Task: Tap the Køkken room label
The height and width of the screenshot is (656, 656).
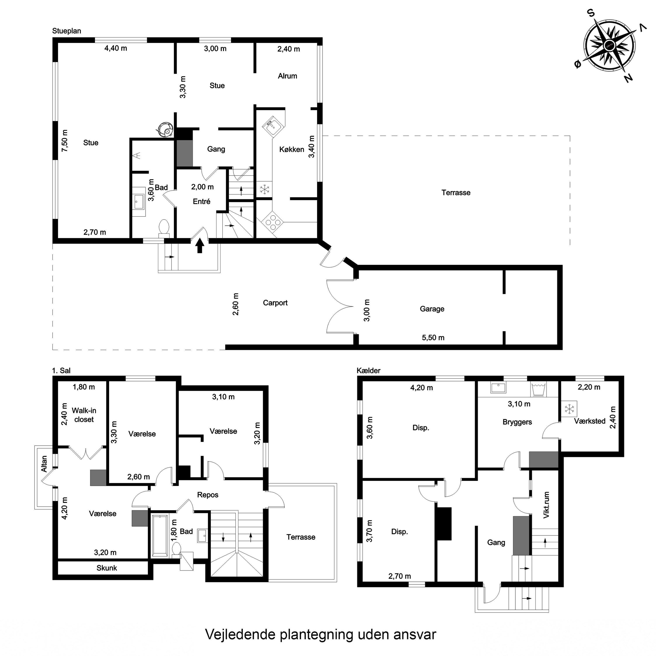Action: (x=292, y=149)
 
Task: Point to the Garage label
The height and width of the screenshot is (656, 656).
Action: (x=432, y=309)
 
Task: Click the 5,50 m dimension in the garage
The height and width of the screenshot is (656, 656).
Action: (x=433, y=337)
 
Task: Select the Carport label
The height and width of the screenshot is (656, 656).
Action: (x=275, y=303)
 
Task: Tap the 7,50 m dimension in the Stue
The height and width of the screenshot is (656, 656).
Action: (x=65, y=141)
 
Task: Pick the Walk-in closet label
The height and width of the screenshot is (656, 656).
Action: (x=84, y=415)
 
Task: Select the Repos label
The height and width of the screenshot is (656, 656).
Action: (x=208, y=495)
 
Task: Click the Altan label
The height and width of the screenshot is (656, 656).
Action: (x=44, y=464)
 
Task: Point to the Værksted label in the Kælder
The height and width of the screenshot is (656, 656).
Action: (x=590, y=421)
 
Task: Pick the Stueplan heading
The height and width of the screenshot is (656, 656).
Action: (x=66, y=31)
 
